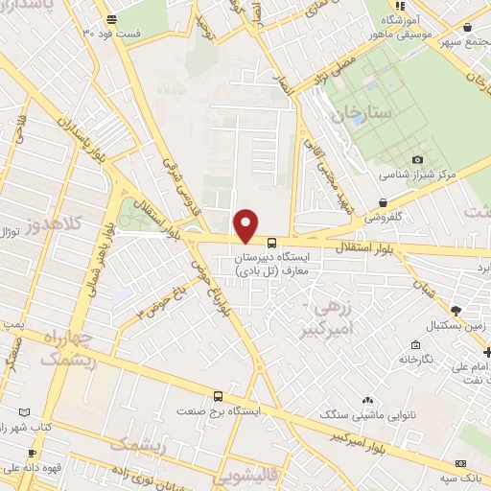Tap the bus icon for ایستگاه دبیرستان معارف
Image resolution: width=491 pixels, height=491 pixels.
[272, 243]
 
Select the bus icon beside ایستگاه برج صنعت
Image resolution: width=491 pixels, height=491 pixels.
[219, 395]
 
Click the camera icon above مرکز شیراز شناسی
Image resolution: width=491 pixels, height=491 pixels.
[417, 159]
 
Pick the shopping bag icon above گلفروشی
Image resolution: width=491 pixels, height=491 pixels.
[384, 202]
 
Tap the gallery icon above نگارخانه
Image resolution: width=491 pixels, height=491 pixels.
[413, 344]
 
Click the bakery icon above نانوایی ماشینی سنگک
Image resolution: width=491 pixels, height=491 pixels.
[368, 400]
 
